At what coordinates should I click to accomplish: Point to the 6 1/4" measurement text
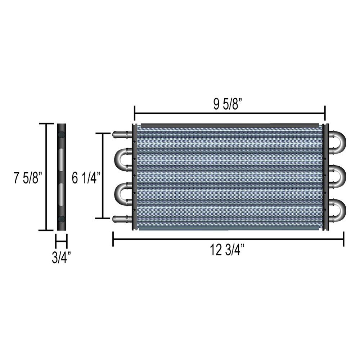tap(85, 178)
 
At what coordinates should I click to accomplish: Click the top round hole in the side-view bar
tap(62, 135)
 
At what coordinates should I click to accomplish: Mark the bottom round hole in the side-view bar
tap(62, 219)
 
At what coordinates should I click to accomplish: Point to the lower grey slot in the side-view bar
tap(62, 194)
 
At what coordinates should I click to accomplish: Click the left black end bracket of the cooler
tap(134, 176)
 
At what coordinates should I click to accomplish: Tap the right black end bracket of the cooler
tap(326, 176)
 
